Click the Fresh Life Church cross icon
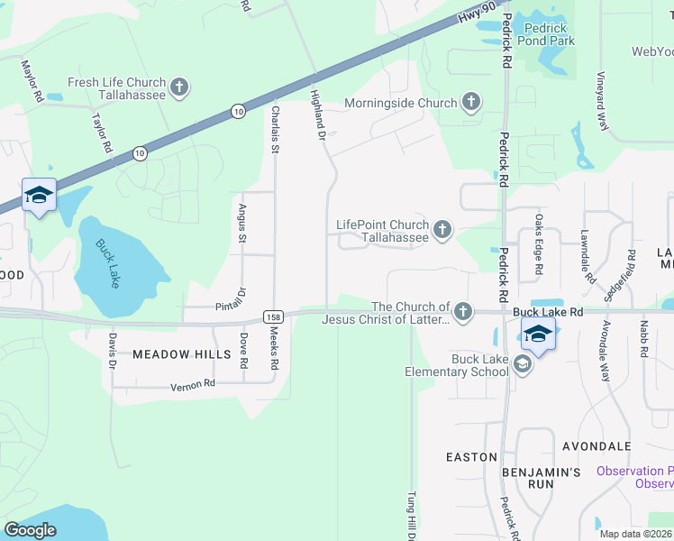(179, 87)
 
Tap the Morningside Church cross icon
(471, 103)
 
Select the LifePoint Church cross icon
(442, 231)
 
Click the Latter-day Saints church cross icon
(462, 312)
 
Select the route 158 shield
(274, 316)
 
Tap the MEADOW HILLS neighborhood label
(182, 354)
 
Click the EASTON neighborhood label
(471, 457)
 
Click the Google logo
(31, 530)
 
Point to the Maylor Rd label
(32, 79)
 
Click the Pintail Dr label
(232, 306)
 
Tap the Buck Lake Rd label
(549, 311)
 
